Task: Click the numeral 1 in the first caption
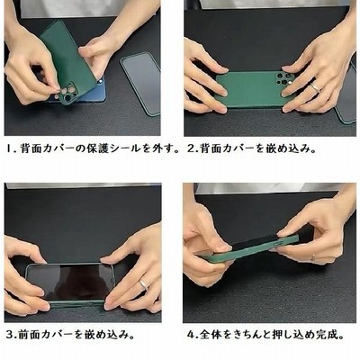9,148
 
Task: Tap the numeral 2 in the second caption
191,148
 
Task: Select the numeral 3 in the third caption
10,335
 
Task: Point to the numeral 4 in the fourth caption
191,335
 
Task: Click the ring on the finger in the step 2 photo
315,87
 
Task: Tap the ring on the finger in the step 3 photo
144,284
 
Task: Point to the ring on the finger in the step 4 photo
313,257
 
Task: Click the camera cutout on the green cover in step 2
284,78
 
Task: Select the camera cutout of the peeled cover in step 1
67,94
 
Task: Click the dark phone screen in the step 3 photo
69,282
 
